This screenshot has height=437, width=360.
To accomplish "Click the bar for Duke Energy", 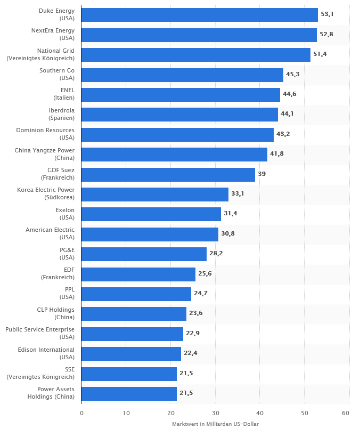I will pos(199,15).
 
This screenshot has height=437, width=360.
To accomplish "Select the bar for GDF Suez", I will pos(168,175).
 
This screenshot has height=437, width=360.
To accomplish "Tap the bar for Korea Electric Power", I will pos(154,195).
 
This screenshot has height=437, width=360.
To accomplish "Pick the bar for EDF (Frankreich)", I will pos(138,274).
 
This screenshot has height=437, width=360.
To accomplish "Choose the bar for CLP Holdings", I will pos(134,314).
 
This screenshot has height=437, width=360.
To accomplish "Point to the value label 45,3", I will pos(292,75).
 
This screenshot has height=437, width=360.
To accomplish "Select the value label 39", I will pos(261,174).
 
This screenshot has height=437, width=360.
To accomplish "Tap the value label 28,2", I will pos(216,254).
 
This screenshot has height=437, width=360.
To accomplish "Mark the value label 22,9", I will pos(192,334).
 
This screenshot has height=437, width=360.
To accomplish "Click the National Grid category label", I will pos(40,54).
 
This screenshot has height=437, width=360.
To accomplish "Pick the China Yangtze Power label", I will pos(45,154).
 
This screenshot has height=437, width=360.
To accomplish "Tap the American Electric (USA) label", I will pos(50,234).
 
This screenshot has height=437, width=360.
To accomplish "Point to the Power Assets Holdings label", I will pos(51,394).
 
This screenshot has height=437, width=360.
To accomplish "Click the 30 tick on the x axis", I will pos(215,414).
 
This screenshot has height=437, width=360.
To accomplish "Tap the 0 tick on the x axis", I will pos(81,414).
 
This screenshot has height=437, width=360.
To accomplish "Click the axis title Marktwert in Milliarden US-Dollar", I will pos(215,424).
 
